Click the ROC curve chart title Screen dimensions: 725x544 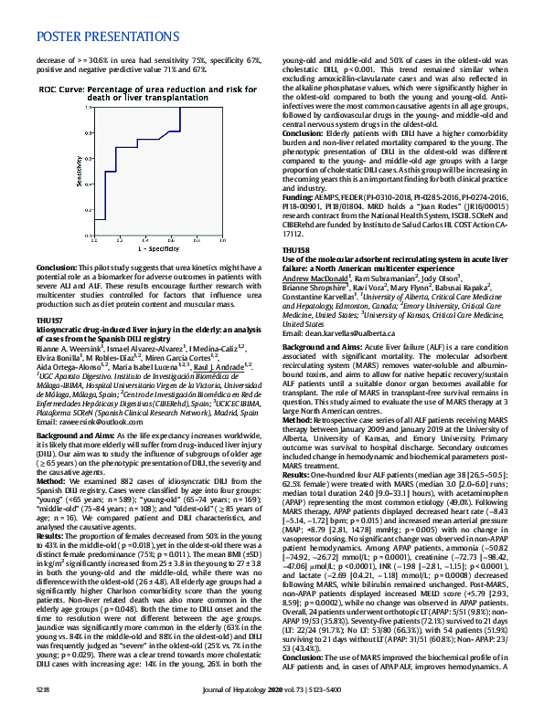point(146,92)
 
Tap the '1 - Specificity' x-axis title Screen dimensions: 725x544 point(157,249)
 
